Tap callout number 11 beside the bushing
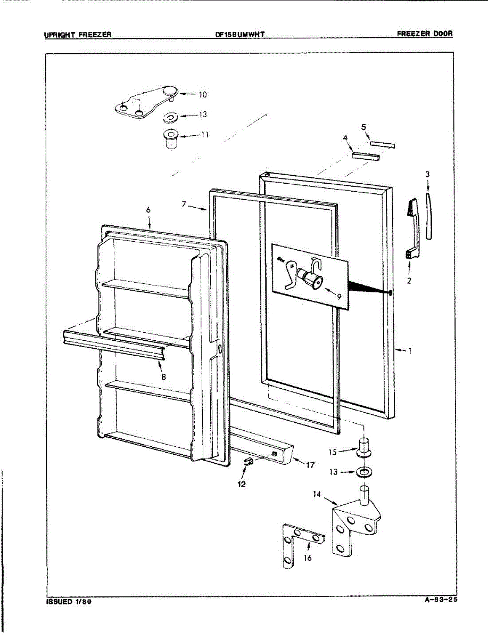(204, 135)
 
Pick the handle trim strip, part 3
(428, 217)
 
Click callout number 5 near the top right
(364, 127)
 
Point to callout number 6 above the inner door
(148, 210)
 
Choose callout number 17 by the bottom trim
(310, 465)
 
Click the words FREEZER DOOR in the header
(425, 34)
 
